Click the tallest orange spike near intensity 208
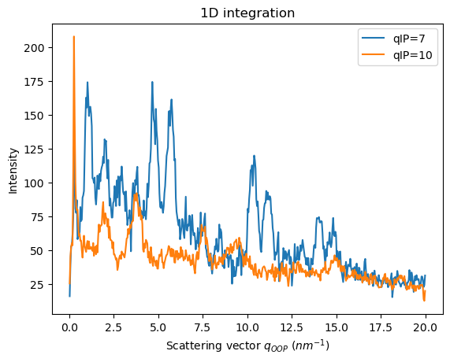[x=74, y=37]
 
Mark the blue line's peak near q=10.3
[x=253, y=156]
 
